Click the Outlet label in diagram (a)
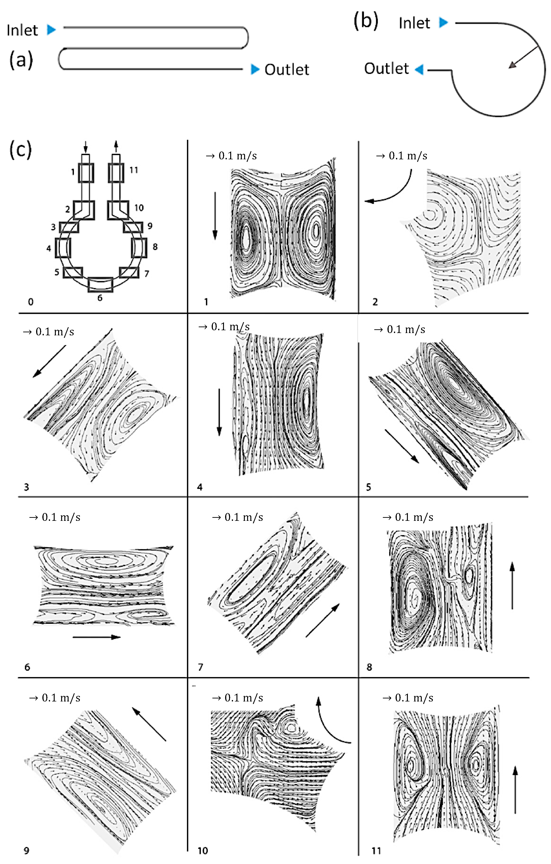287,70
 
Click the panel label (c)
20,150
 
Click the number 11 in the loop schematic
134,170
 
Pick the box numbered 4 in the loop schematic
63,248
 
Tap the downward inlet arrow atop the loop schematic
85,146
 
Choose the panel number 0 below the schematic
31,302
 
